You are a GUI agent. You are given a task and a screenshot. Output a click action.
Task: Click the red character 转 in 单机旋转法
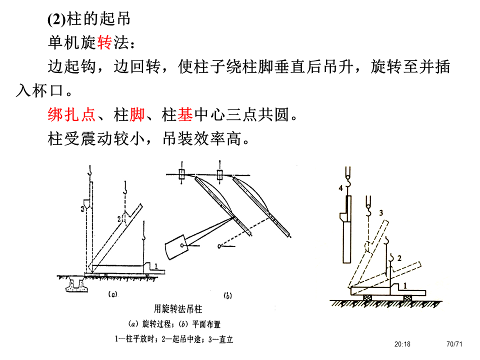click(104, 43)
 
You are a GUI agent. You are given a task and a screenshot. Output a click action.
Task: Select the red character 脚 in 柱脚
click(136, 115)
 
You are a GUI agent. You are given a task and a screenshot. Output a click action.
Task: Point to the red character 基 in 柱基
click(184, 115)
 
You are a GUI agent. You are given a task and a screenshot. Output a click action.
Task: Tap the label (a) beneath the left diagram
click(113, 295)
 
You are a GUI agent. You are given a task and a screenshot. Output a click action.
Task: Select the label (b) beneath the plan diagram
click(227, 296)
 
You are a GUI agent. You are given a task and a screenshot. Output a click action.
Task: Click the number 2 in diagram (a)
click(119, 218)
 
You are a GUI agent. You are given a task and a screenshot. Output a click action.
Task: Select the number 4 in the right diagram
click(341, 188)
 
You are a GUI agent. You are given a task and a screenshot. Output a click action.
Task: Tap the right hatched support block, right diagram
click(408, 296)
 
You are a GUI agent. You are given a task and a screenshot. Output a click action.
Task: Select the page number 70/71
click(454, 344)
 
